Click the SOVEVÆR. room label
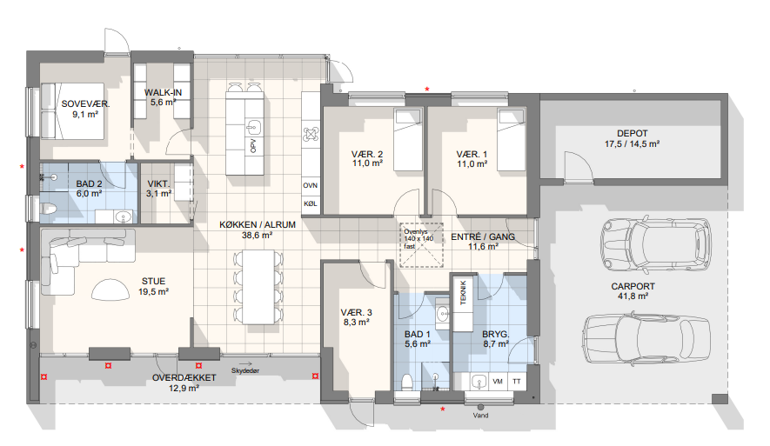(x=85, y=104)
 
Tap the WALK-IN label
(x=163, y=92)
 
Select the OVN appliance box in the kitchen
(x=311, y=185)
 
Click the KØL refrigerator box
(x=311, y=203)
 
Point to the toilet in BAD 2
(x=48, y=209)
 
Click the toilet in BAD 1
(x=406, y=382)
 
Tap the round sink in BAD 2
(x=123, y=216)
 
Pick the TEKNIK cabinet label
(x=463, y=293)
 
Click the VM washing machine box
(x=498, y=382)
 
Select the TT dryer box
(x=517, y=382)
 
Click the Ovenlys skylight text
(x=416, y=231)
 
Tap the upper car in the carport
(x=655, y=244)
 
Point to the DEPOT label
(x=632, y=134)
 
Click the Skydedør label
(x=245, y=371)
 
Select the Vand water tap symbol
(x=480, y=407)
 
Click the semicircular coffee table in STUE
(x=110, y=290)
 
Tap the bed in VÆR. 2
(x=408, y=140)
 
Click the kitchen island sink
(x=253, y=129)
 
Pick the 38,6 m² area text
(x=257, y=235)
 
